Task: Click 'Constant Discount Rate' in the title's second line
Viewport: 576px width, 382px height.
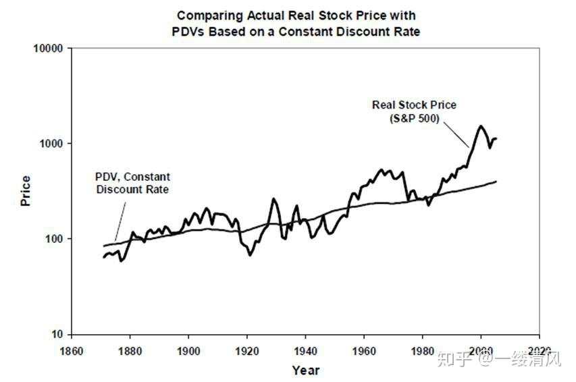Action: coord(361,32)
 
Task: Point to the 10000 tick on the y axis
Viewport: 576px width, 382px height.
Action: coord(49,49)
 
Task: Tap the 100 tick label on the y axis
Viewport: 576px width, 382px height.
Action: coord(55,239)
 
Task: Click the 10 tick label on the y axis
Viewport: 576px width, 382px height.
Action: coord(57,334)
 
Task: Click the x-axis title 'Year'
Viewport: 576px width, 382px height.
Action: coord(306,370)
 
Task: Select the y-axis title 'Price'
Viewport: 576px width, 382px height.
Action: coord(26,191)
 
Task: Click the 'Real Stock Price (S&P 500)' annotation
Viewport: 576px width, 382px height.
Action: coord(414,111)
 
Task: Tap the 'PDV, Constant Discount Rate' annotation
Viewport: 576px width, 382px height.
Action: coord(132,183)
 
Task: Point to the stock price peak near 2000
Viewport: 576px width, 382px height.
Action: coord(481,126)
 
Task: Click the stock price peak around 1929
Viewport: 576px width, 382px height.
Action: coord(273,199)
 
